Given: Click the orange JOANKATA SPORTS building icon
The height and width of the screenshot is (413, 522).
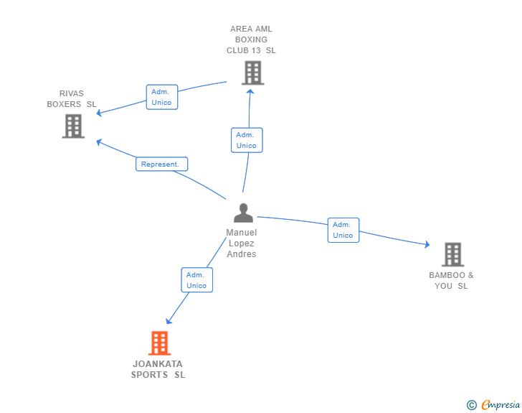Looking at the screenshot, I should coord(159,343).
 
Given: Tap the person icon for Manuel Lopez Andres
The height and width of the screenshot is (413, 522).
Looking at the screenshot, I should coord(244,213).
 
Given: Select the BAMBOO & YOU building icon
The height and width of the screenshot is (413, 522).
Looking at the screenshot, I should coord(452,254).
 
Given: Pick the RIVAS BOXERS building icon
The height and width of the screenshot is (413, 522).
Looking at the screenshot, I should coord(73,126).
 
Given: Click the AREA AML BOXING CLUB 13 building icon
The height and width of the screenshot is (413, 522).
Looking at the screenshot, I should coord(252,73).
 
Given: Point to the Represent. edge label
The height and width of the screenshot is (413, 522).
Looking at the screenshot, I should coord(161,164).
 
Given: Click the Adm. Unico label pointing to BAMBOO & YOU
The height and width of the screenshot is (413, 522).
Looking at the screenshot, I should coord(343,230).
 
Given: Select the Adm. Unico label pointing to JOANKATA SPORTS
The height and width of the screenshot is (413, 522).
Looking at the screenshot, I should coord(196,280).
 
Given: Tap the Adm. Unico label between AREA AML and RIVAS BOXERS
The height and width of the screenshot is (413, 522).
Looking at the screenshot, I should coord(162,97).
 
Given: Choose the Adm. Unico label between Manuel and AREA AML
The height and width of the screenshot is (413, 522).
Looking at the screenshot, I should coord(247,140).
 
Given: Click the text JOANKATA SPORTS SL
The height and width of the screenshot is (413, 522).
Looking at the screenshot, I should coord(158,369).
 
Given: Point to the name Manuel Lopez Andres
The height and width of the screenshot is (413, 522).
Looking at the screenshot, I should coord(241,243).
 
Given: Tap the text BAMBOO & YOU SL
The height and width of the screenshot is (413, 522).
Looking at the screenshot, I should coord(452,280).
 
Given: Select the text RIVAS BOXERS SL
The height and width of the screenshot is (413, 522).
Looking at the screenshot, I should coord(72,99).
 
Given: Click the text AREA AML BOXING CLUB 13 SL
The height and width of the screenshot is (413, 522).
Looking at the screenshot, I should coord(251,40).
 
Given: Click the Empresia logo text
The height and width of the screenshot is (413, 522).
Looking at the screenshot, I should coord(500,405).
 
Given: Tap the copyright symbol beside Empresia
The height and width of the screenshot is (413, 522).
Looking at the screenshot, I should coord(471,406).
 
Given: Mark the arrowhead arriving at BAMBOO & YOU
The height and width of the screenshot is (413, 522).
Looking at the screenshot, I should coord(427,246).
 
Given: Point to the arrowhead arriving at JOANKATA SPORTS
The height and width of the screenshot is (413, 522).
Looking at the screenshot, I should coord(169,321).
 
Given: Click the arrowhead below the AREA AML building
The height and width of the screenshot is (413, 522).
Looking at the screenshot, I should coord(250,91).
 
